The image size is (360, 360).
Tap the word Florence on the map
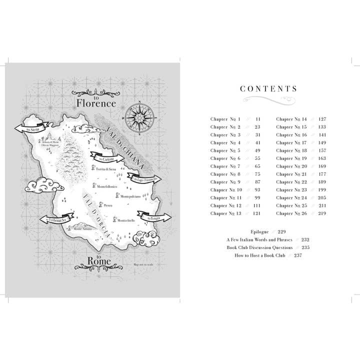click(96, 103)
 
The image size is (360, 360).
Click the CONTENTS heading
click(268, 89)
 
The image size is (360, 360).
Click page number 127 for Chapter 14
click(322, 119)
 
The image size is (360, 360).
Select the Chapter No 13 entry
click(226, 213)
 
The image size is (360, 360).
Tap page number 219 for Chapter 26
click(322, 213)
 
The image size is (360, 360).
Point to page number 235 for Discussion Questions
click(305, 247)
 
